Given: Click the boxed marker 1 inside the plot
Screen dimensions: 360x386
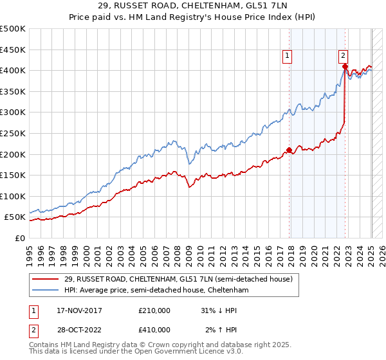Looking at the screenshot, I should click(x=286, y=56).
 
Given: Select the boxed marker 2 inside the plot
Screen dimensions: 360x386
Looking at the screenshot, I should click(x=344, y=56).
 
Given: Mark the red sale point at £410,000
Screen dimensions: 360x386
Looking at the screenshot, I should click(x=345, y=66).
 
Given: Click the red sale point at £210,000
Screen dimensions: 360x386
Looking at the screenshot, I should click(x=289, y=150).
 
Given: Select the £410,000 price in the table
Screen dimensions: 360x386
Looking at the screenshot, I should click(x=154, y=330).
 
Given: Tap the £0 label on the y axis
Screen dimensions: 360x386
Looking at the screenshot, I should click(x=19, y=238).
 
